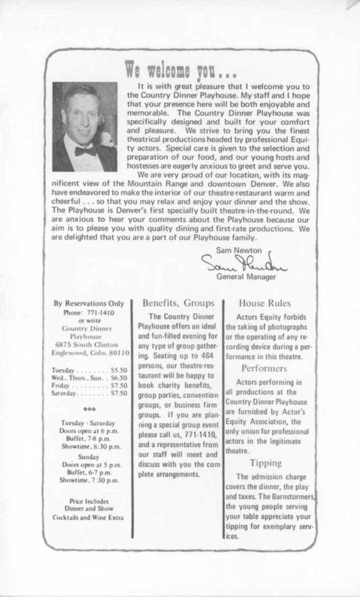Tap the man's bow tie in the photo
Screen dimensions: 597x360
[x=86, y=150]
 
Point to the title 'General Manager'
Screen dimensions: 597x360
[x=246, y=277]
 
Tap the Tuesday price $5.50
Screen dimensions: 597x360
[x=118, y=371]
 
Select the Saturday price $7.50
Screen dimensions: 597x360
[x=118, y=393]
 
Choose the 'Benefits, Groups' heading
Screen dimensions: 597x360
[x=178, y=302]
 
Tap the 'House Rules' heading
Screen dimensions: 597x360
[x=265, y=302]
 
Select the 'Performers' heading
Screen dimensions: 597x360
[x=264, y=369]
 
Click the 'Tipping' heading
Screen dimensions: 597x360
[x=265, y=463]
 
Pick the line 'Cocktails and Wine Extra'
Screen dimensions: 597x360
[x=89, y=517]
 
